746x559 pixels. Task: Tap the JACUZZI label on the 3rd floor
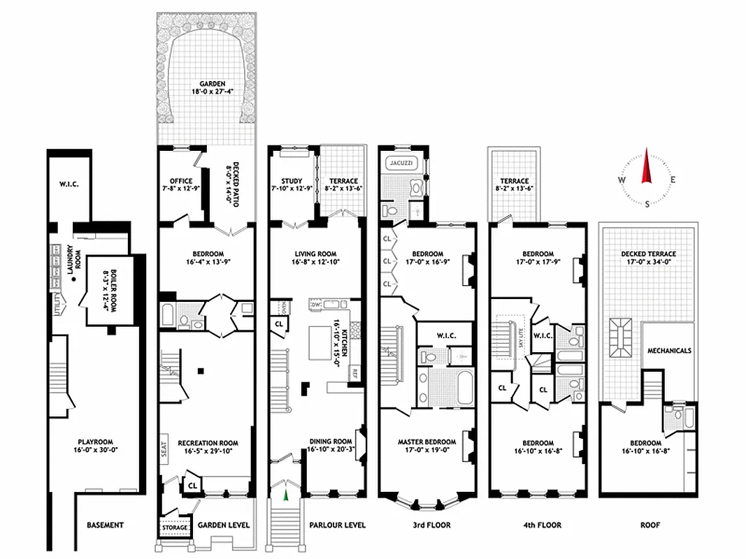tap(402, 162)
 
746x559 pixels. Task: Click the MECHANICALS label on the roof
tap(669, 351)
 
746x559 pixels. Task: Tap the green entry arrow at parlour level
tap(285, 496)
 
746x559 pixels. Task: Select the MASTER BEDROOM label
tap(426, 442)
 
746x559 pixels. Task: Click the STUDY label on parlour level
tap(286, 181)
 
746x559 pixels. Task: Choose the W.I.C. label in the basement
tap(69, 185)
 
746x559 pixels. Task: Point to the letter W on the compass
tap(620, 180)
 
